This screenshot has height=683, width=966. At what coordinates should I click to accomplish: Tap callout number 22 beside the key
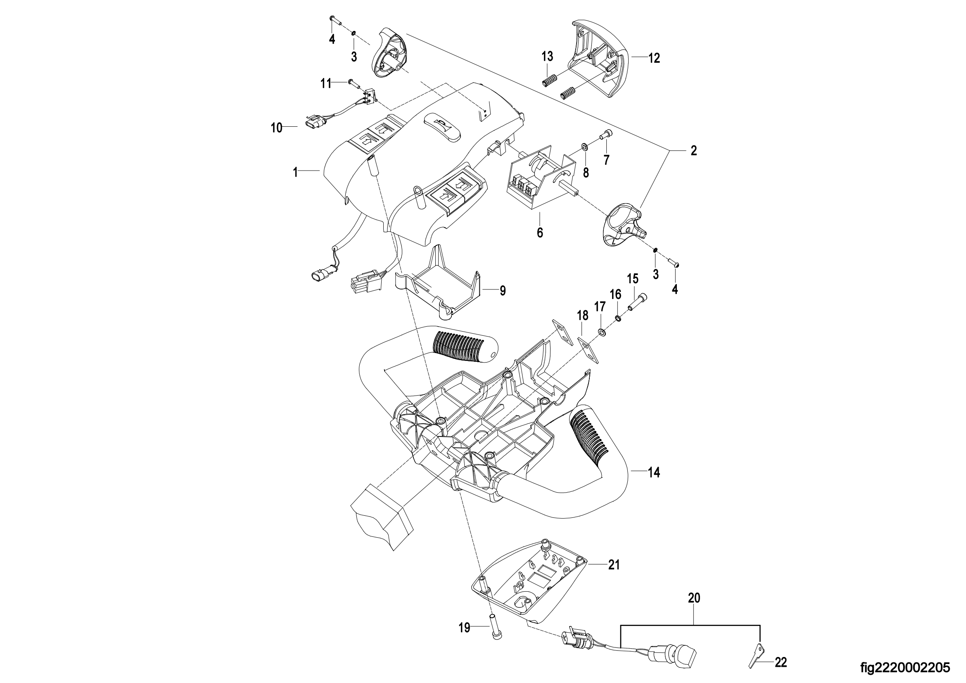click(781, 662)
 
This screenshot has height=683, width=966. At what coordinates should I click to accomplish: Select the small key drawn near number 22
click(755, 655)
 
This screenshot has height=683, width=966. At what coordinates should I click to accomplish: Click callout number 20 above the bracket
click(694, 598)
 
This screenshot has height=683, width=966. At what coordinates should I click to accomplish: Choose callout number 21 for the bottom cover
click(614, 564)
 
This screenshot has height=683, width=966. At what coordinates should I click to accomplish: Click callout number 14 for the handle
click(654, 472)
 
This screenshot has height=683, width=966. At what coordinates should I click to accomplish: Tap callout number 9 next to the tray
click(503, 290)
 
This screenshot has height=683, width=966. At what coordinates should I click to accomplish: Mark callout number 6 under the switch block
click(540, 232)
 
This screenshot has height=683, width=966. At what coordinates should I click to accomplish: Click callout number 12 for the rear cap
click(654, 59)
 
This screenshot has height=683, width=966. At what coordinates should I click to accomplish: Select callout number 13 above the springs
click(547, 56)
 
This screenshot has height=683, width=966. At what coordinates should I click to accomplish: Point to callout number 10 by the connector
click(276, 128)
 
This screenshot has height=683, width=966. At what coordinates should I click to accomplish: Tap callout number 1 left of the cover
click(295, 172)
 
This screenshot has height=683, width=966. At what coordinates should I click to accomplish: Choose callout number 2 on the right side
click(694, 150)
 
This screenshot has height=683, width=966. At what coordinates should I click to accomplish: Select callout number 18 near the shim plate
click(583, 315)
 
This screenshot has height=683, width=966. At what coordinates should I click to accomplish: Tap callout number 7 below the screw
click(606, 160)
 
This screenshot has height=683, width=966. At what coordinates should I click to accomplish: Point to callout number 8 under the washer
click(586, 172)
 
